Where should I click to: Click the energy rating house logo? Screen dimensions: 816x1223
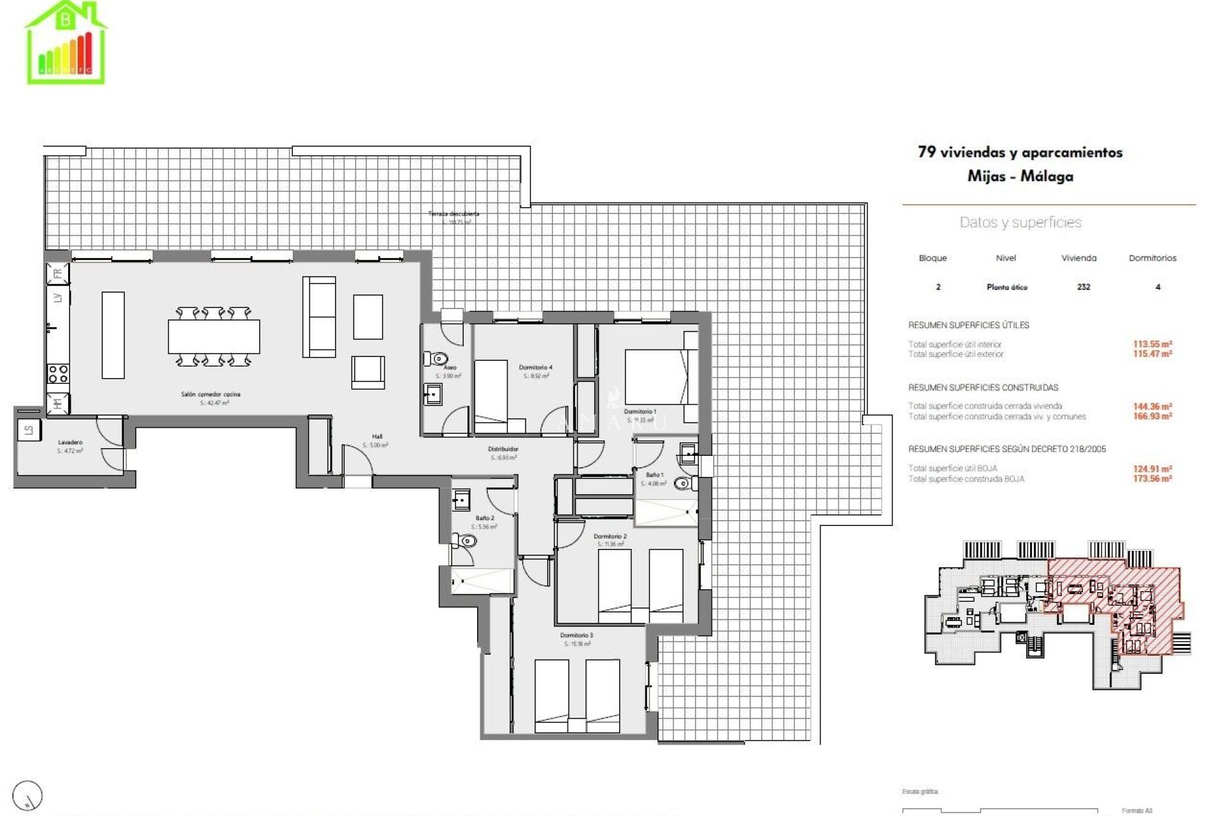[x=66, y=43]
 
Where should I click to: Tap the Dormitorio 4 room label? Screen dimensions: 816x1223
[x=535, y=368]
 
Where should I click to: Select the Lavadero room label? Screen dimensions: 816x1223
[x=70, y=442]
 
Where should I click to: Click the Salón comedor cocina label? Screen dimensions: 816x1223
[x=211, y=395]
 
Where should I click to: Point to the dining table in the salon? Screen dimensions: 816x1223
[x=214, y=336]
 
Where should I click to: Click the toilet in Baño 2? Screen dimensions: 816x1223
[x=467, y=541]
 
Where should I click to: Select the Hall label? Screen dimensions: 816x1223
[x=377, y=437]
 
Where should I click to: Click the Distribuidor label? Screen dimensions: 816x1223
[x=503, y=449]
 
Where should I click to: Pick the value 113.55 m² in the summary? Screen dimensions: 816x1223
[x=1152, y=344]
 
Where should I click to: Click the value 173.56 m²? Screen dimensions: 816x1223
[x=1152, y=479]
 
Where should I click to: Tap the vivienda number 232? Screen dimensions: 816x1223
[x=1084, y=287]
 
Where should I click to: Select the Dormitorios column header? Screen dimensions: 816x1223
[x=1152, y=258]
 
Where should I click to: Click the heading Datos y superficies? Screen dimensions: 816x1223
[x=1020, y=222]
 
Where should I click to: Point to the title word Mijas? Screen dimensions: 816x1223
[x=984, y=176]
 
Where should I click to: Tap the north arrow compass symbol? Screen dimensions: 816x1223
[x=28, y=795]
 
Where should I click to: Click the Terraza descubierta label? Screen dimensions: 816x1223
[x=454, y=214]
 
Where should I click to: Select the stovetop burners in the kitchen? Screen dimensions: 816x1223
[x=58, y=374]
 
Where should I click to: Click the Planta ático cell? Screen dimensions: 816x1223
[x=1006, y=288]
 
